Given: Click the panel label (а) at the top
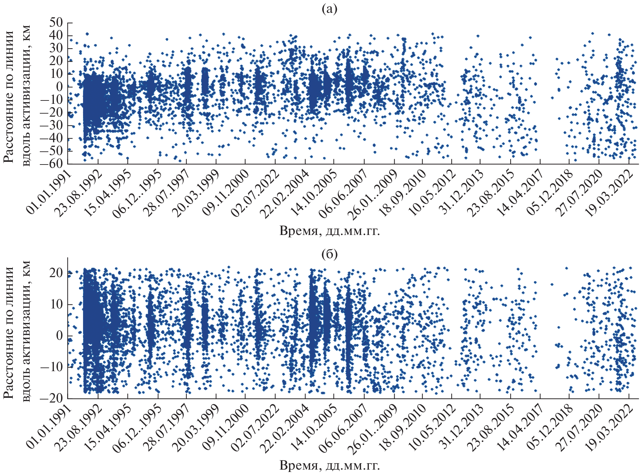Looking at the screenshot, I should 329,9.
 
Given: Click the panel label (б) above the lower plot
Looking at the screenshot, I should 329,254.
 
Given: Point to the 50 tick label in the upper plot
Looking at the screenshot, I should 56,23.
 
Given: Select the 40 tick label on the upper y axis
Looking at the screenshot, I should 56,35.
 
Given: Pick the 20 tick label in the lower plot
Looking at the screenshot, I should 56,273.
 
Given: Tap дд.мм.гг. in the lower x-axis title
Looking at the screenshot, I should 352,466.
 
